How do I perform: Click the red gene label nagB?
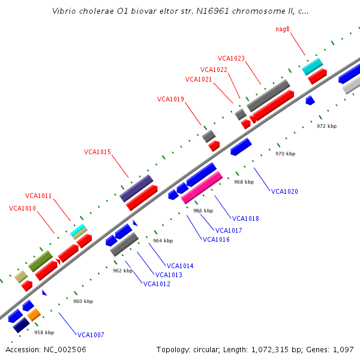(x=283, y=29)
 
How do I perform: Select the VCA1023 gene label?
(x=231, y=58)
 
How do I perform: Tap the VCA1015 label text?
(x=97, y=152)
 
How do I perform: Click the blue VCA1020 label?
(x=284, y=191)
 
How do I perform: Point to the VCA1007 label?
(x=91, y=335)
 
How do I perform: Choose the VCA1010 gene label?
(x=23, y=208)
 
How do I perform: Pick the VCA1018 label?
(x=245, y=218)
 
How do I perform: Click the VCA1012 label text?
(x=157, y=284)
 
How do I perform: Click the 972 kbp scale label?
(x=327, y=126)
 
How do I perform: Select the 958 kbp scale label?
(x=44, y=332)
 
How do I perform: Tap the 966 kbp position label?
(x=203, y=211)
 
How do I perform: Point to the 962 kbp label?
(x=122, y=271)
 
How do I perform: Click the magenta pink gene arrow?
(x=202, y=187)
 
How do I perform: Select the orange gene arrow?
(x=34, y=314)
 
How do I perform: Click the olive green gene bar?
(x=40, y=261)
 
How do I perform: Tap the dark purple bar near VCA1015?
(x=136, y=188)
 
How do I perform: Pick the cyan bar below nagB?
(x=312, y=66)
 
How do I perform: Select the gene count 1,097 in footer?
(x=343, y=349)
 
